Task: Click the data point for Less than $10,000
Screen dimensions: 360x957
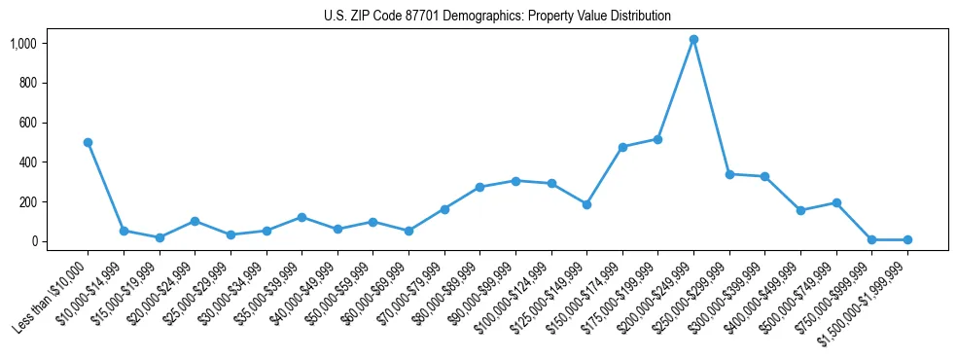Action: [88, 142]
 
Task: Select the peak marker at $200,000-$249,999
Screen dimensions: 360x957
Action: [693, 40]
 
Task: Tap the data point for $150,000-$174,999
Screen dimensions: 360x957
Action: [622, 147]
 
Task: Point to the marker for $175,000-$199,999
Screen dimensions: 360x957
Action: [657, 139]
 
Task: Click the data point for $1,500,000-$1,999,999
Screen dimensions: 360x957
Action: [907, 239]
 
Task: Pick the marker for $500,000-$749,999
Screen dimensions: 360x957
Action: [836, 202]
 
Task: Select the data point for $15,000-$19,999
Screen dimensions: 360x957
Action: [159, 237]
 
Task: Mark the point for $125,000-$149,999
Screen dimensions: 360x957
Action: [586, 204]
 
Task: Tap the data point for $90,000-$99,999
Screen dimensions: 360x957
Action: [515, 181]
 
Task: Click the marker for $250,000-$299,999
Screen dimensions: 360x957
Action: [729, 174]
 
